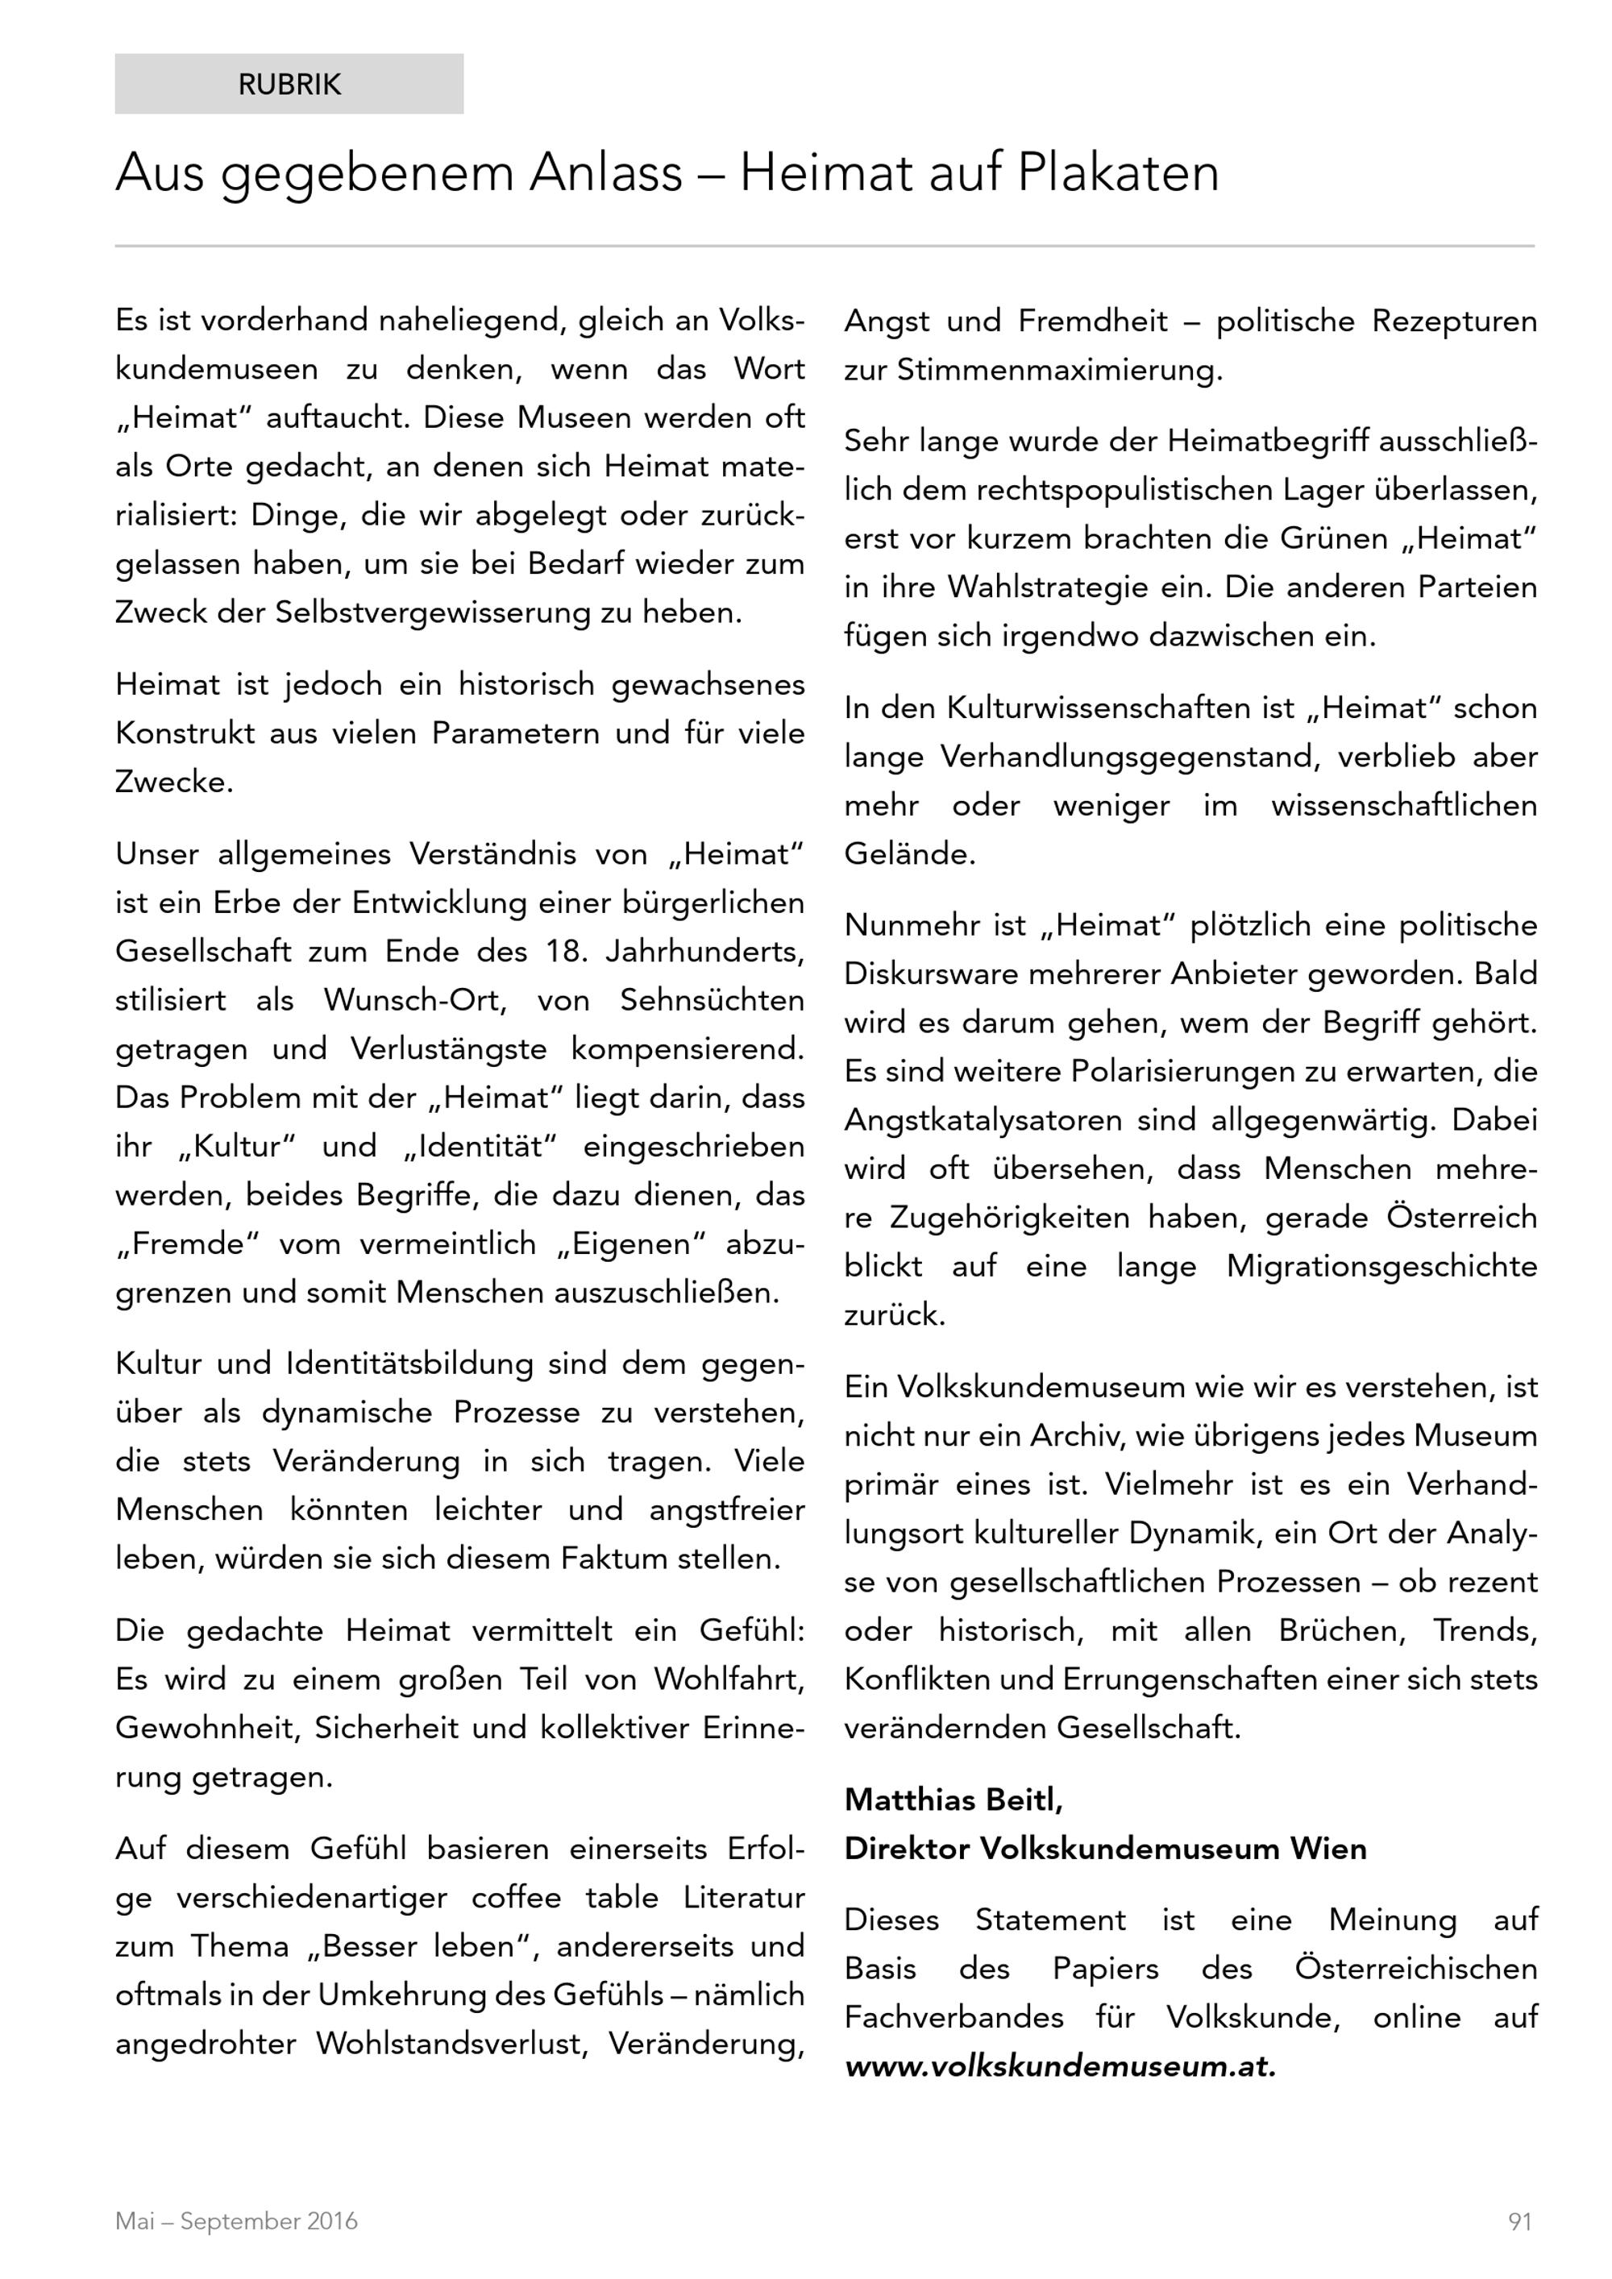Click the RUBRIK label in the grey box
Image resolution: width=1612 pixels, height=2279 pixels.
[x=289, y=85]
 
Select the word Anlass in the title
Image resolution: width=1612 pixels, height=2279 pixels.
[x=605, y=174]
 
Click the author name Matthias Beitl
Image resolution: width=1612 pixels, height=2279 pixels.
[x=953, y=1799]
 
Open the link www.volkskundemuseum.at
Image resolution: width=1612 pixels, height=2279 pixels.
[x=1059, y=2065]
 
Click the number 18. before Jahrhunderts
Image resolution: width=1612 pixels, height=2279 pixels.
[x=566, y=951]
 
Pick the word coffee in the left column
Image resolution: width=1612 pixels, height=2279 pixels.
[x=516, y=1897]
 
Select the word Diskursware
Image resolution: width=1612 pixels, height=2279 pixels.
[x=931, y=973]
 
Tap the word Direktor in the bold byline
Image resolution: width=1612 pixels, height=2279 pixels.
[x=906, y=1848]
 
